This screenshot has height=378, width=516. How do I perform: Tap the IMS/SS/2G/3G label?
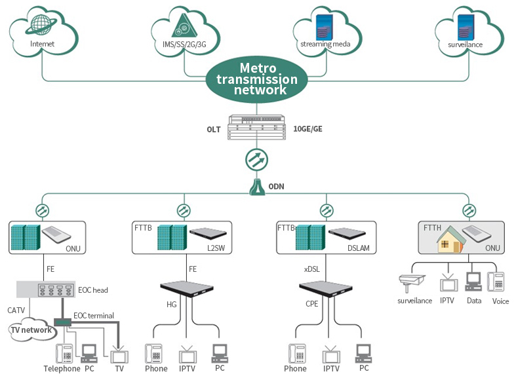(x=184, y=45)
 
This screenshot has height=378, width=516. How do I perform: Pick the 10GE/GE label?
(x=308, y=130)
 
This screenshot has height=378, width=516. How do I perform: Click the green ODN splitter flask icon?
(x=257, y=187)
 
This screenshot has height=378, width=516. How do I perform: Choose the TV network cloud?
(x=31, y=330)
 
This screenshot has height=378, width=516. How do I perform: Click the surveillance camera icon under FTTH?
(x=413, y=284)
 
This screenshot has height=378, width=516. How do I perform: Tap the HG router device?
(x=189, y=289)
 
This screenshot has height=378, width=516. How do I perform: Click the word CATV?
(x=16, y=310)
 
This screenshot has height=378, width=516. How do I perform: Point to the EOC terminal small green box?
(x=63, y=322)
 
